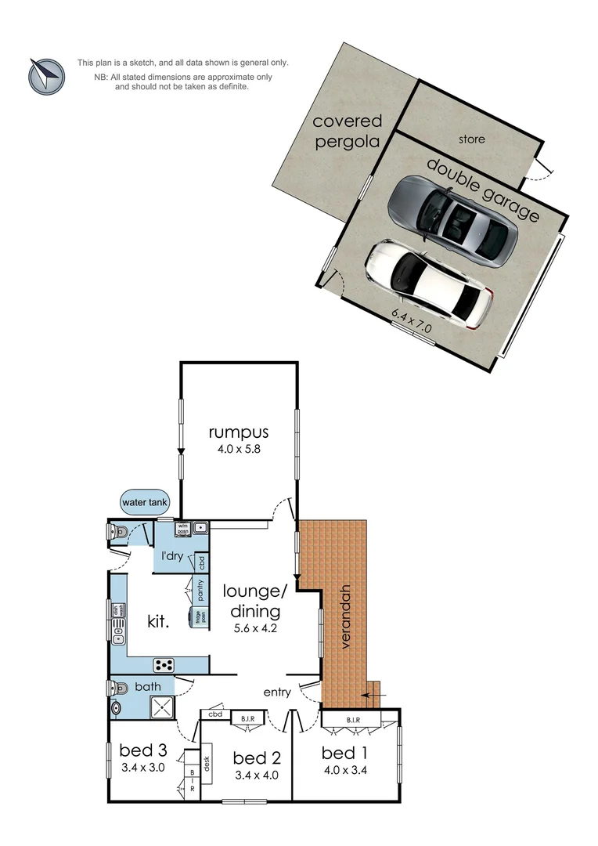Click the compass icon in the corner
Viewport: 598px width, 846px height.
coord(46,75)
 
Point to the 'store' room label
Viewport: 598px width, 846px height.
coord(472,139)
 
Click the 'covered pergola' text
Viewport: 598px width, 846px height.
coord(347,132)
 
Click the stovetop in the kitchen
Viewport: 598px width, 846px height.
coord(164,665)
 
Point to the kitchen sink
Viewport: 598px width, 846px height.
coord(119,631)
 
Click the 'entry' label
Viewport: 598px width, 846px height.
coord(276,692)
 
